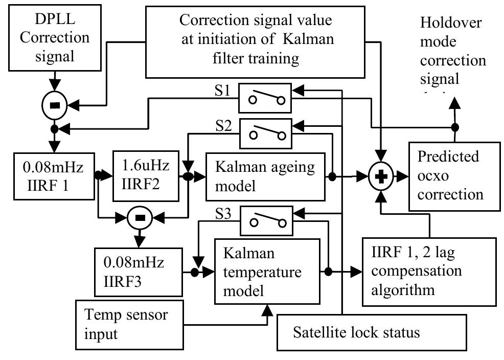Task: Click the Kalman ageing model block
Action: pos(265,176)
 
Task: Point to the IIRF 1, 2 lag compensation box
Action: pos(429,271)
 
